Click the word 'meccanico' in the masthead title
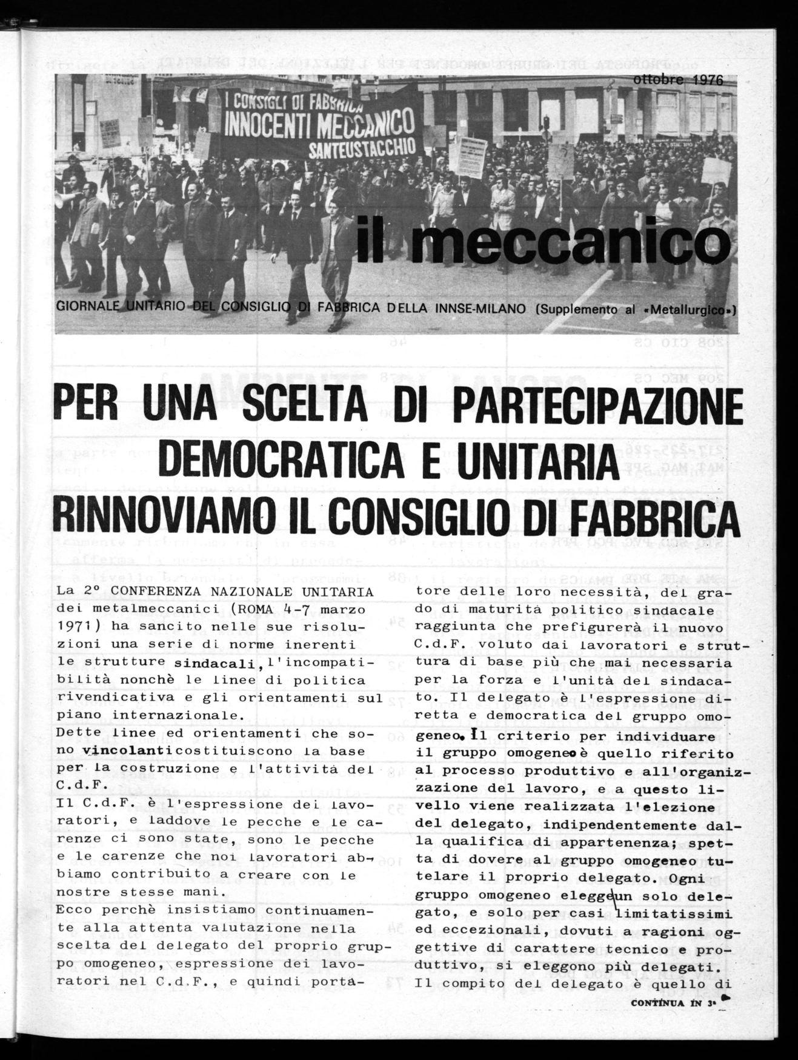[567, 246]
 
